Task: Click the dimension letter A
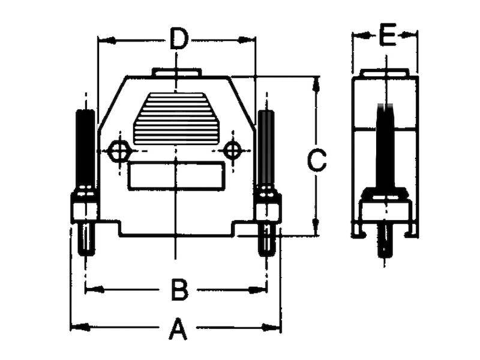click(178, 328)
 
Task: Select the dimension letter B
click(179, 289)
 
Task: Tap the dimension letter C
click(317, 160)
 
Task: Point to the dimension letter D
click(178, 38)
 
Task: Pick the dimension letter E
click(388, 35)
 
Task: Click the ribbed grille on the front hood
click(176, 118)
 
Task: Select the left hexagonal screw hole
click(119, 151)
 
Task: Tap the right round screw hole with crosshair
click(233, 151)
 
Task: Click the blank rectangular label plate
click(176, 176)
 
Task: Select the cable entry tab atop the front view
click(177, 72)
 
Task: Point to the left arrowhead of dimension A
click(80, 327)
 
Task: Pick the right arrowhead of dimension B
click(257, 289)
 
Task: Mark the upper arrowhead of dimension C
click(316, 85)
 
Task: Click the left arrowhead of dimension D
click(107, 40)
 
